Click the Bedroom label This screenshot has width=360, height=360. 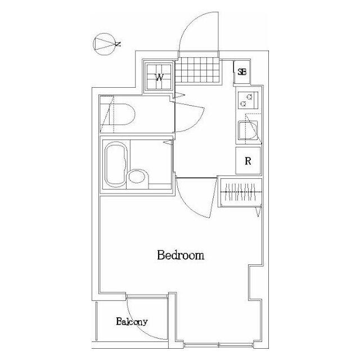(x=181, y=255)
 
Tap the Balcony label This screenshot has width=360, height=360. (x=132, y=322)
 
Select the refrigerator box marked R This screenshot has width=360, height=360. (x=248, y=161)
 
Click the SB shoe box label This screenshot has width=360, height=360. (x=242, y=72)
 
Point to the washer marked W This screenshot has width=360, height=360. (x=160, y=77)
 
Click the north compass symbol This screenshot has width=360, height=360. (x=105, y=44)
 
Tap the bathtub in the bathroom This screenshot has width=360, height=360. (x=116, y=164)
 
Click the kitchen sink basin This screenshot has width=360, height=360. (x=247, y=130)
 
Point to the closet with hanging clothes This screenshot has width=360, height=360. (x=240, y=192)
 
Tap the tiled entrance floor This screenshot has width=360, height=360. (x=197, y=70)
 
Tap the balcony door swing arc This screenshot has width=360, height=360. (x=137, y=326)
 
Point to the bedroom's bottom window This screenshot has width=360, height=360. (x=219, y=345)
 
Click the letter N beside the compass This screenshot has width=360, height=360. (x=118, y=44)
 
